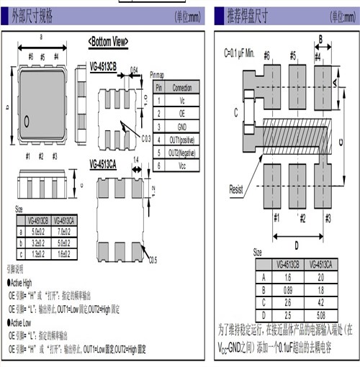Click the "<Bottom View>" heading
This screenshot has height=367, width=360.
pyautogui.click(x=108, y=42)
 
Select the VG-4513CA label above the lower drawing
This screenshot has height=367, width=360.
pyautogui.click(x=109, y=163)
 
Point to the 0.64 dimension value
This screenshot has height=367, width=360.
pyautogui.click(x=134, y=70)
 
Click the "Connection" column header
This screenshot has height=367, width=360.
pyautogui.click(x=182, y=87)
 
